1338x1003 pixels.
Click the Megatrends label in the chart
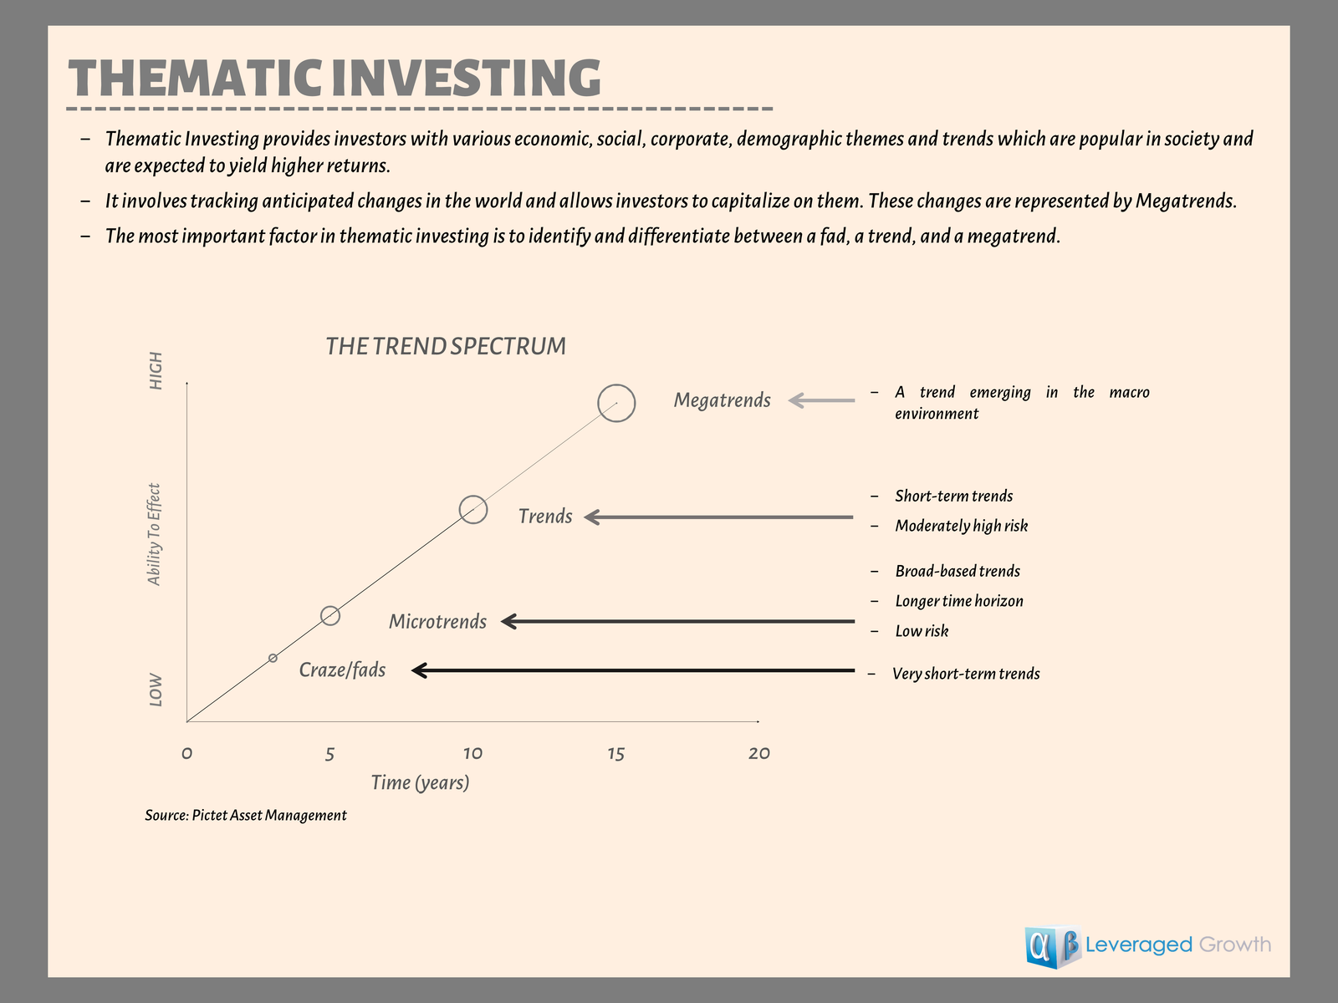pos(723,400)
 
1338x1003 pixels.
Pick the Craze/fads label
pos(342,670)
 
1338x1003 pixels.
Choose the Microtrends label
pos(437,621)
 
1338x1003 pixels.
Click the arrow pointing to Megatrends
pos(821,400)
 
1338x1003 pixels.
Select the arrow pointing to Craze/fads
pos(633,670)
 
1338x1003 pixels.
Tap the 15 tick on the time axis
pos(615,754)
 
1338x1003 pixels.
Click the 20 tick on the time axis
pos(759,754)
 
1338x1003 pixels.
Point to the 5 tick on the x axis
pos(329,755)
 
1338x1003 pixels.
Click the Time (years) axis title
pos(420,782)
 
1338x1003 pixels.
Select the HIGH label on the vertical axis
pos(156,370)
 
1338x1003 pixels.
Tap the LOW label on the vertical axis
pos(156,690)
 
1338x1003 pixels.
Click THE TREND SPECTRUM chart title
pos(446,346)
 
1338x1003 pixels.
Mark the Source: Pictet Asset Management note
pos(246,816)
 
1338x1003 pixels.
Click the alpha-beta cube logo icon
pos(1053,946)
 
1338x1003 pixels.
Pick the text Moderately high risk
pos(962,526)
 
